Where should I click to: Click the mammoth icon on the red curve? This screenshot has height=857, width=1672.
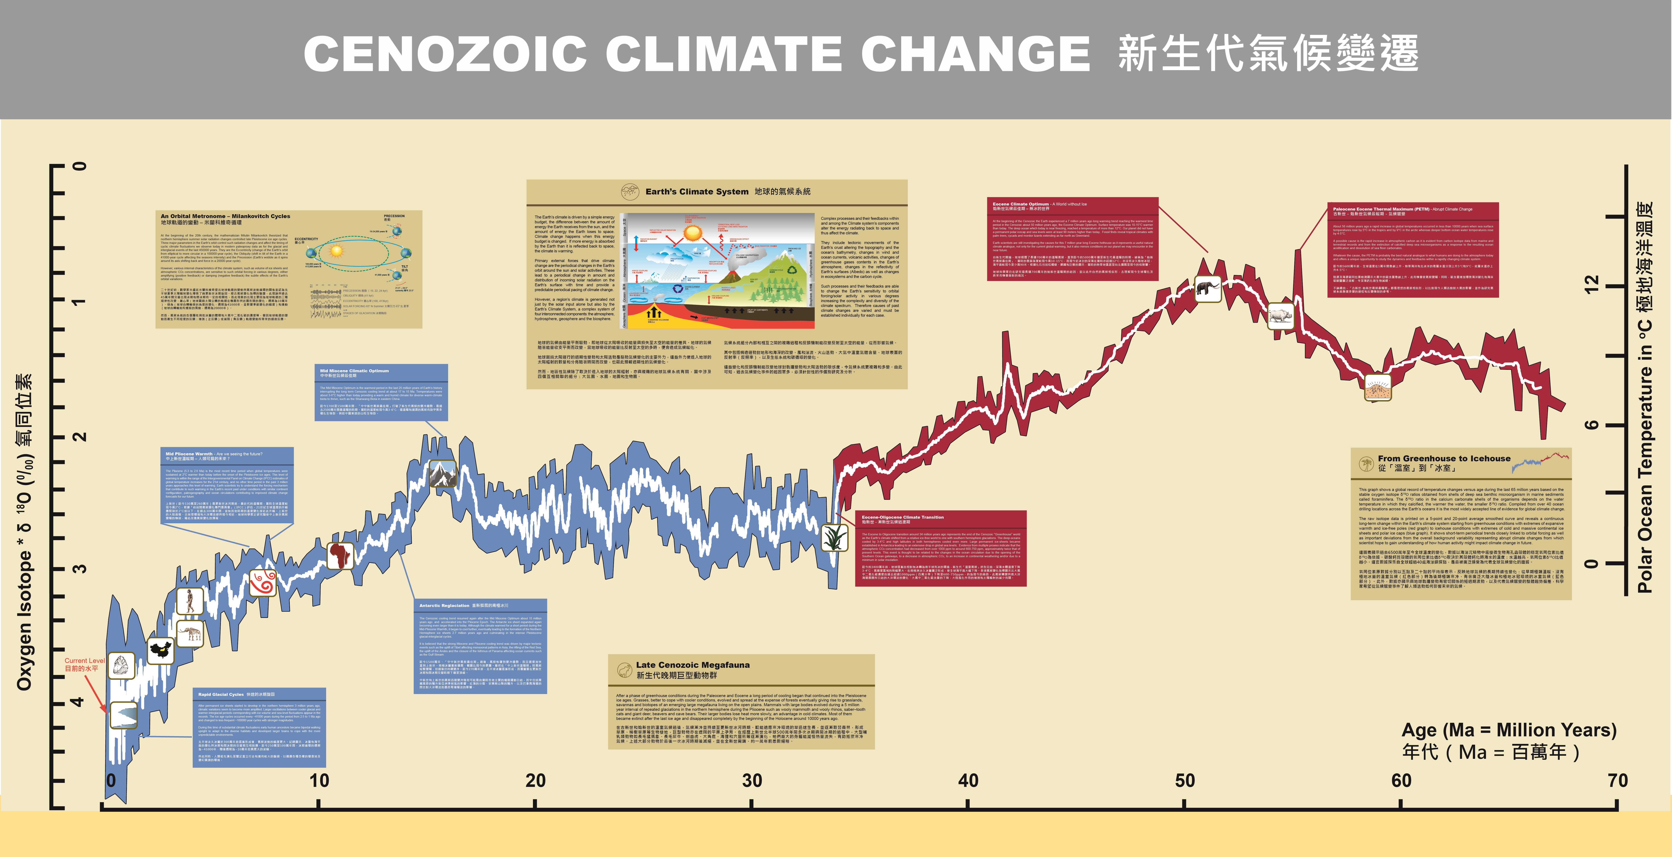[1207, 289]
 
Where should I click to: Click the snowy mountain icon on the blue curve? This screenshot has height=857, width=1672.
[443, 474]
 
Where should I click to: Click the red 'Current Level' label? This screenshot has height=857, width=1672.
[84, 661]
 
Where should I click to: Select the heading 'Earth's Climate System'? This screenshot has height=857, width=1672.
[696, 192]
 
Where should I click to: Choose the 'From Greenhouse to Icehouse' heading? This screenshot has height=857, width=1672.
[1444, 458]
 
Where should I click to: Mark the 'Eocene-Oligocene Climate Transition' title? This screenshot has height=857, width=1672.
[902, 517]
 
